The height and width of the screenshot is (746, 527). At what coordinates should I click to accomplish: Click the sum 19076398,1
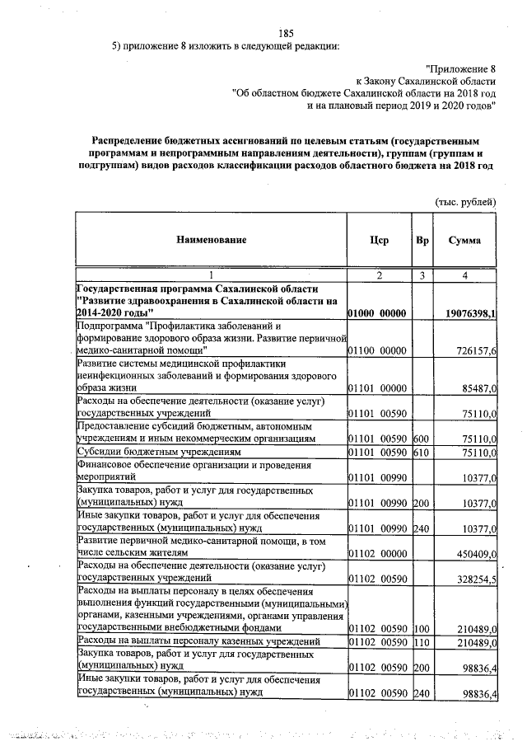(470, 314)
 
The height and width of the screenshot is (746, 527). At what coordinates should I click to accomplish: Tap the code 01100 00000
(378, 351)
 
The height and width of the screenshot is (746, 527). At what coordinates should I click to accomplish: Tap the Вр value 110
(422, 642)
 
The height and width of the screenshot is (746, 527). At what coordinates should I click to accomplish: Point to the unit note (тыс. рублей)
(465, 201)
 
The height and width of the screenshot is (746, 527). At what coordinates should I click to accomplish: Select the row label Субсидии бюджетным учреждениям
(147, 453)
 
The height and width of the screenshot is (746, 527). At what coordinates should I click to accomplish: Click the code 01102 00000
(378, 555)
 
